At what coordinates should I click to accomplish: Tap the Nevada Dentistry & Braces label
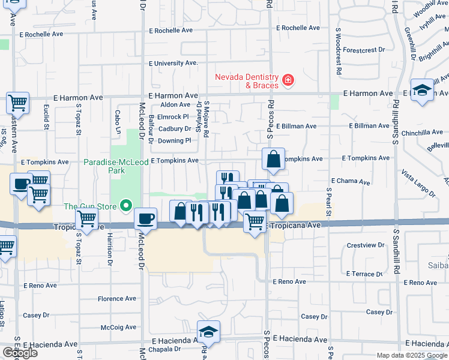247,80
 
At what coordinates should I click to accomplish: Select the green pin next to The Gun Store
125,206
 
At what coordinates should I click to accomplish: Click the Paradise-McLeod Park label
104,166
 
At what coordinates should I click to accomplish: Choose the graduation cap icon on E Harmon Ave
422,90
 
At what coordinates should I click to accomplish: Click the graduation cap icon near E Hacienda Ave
208,331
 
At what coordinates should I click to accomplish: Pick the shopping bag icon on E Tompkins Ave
273,160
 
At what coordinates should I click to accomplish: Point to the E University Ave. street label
173,63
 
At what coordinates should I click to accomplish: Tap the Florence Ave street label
117,299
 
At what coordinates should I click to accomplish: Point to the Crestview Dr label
365,245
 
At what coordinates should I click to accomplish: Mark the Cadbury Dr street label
175,128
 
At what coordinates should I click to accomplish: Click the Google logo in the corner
20,353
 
